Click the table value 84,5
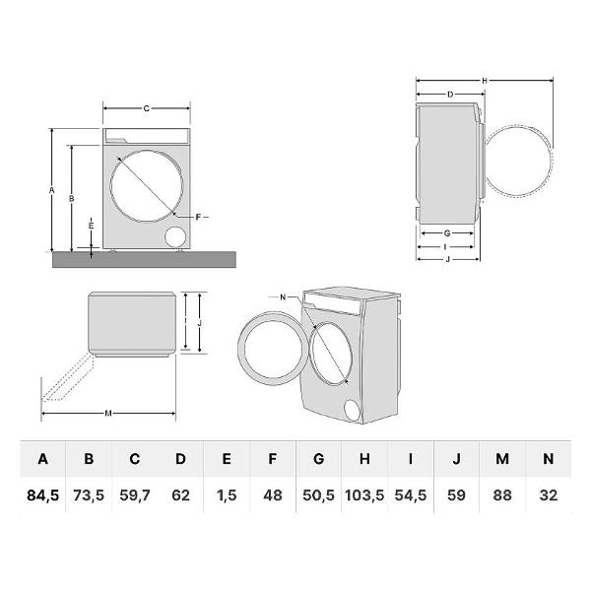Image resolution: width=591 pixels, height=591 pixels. click(x=43, y=495)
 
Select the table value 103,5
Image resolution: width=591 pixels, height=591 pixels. click(x=364, y=495)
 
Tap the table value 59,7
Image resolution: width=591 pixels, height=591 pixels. click(x=135, y=495)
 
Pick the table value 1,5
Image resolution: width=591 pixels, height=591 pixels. click(x=227, y=495)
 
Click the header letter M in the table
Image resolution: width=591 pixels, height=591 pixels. click(x=502, y=459)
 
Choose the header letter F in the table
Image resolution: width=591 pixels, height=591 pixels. click(x=273, y=459)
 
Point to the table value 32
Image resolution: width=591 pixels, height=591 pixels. click(x=548, y=495)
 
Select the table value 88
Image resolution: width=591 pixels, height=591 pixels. click(x=502, y=495)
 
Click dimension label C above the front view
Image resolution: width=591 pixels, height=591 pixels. click(x=146, y=108)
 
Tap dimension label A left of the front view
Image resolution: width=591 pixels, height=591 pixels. click(x=51, y=190)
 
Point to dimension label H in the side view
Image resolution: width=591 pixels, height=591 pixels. click(x=485, y=81)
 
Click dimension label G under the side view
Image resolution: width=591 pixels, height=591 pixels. click(x=447, y=233)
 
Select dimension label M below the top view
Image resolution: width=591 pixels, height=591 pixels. click(x=108, y=414)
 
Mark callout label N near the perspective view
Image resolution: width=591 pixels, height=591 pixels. click(x=283, y=297)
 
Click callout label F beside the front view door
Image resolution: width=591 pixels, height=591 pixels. click(x=198, y=217)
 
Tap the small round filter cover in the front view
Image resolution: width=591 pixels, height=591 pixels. click(x=175, y=237)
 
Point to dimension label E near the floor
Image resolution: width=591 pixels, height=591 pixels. click(x=91, y=226)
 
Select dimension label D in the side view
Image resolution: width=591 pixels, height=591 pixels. click(x=450, y=95)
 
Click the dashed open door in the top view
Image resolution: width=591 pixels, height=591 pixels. click(x=68, y=377)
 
